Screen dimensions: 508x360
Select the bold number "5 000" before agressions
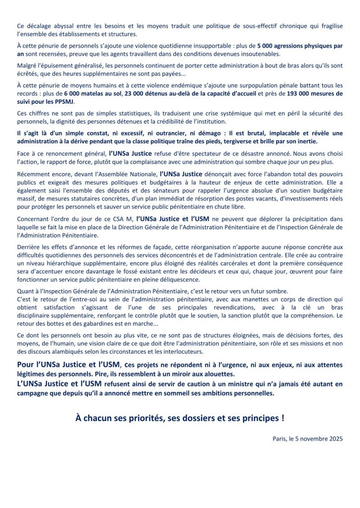click(x=266, y=46)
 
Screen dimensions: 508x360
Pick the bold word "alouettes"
click(x=222, y=374)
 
